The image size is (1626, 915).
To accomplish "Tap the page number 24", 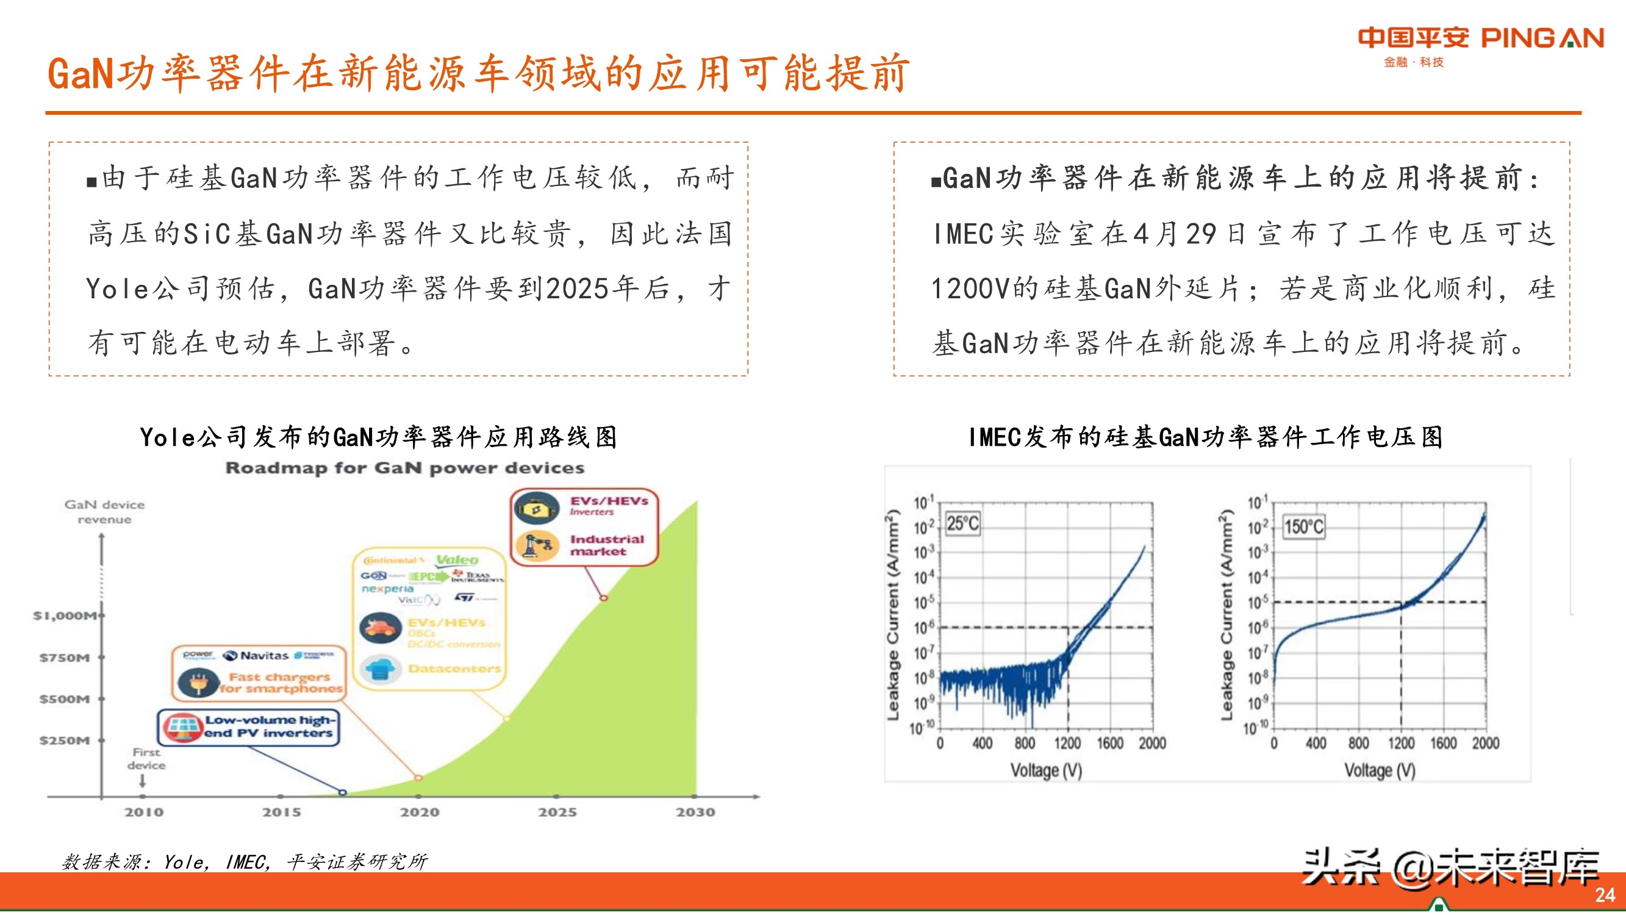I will [1605, 895].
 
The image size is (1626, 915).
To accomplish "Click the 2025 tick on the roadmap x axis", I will [557, 812].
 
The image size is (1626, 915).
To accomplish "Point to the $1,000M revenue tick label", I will [66, 615].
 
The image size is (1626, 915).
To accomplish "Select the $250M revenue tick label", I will [65, 740].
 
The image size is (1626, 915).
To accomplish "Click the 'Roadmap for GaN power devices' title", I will [404, 468].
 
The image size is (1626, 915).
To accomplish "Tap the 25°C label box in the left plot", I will [962, 523].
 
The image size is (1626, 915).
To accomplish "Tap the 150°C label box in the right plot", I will [1304, 526].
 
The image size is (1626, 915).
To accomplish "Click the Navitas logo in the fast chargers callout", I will [257, 656].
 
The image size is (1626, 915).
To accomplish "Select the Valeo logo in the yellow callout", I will [457, 559].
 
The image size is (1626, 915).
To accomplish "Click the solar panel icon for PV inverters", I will [182, 727].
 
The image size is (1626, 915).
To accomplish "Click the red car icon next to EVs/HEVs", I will [381, 628].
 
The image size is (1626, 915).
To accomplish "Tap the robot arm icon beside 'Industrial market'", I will [537, 545].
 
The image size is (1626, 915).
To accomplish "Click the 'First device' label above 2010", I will [146, 758].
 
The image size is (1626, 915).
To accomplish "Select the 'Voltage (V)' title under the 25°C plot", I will [1046, 770].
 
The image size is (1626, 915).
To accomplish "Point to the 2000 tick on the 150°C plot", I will [1485, 743].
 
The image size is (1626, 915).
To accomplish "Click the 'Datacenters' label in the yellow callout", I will [454, 669].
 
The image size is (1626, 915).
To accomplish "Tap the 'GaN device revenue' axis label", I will [105, 512].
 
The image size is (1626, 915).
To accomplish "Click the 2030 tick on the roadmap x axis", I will [695, 812].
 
